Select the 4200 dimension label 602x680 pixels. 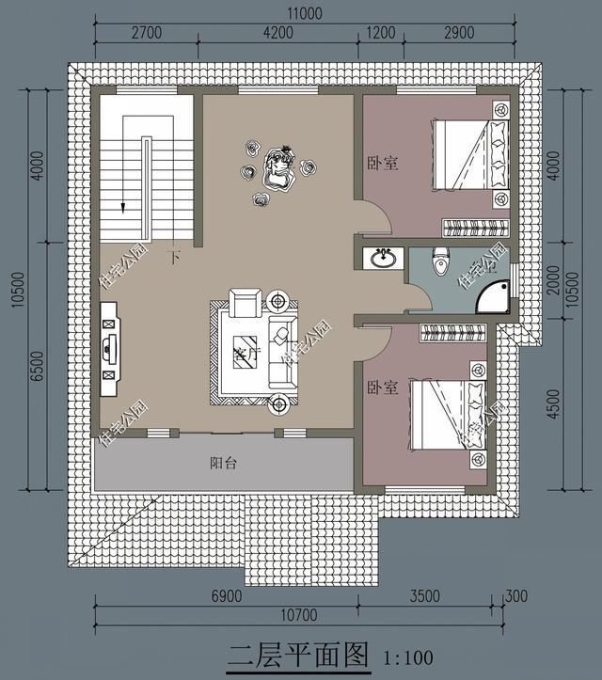click(277, 32)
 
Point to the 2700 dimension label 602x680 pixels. click(146, 32)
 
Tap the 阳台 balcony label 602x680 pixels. click(223, 463)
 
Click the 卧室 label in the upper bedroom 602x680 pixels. click(382, 163)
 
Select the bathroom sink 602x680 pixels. click(382, 257)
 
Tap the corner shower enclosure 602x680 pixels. click(494, 294)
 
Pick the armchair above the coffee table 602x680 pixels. click(246, 302)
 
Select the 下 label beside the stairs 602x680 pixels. click(173, 255)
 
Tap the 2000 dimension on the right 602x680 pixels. click(556, 278)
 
